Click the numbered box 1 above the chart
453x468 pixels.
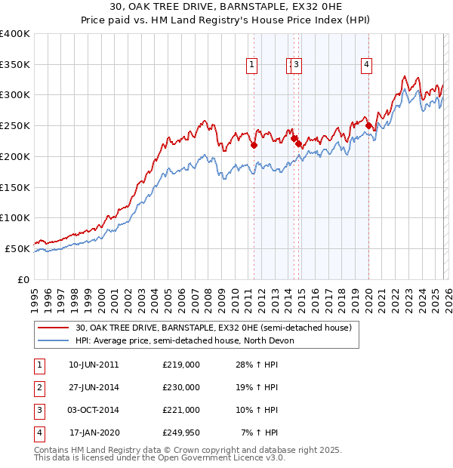(x=251, y=66)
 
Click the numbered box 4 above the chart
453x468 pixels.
(x=366, y=66)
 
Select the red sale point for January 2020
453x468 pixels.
(x=368, y=126)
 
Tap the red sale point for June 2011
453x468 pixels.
(x=254, y=145)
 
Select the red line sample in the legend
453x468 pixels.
(x=54, y=328)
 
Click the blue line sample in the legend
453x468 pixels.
(x=54, y=340)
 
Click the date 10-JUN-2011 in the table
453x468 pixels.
(x=94, y=365)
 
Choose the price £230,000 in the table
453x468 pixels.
(x=180, y=387)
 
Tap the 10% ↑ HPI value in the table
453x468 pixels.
(x=257, y=410)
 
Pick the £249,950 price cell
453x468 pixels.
(x=180, y=433)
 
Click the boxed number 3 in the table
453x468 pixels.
(x=39, y=410)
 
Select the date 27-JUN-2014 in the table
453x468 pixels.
(x=94, y=387)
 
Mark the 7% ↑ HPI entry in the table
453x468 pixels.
(x=259, y=433)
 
